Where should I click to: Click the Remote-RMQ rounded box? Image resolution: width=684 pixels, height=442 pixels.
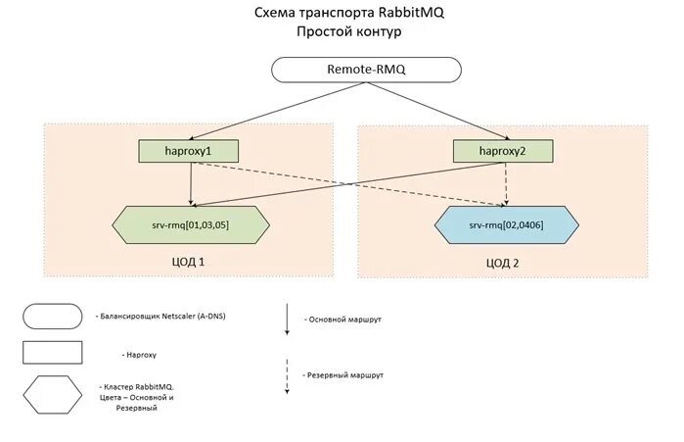pyautogui.click(x=364, y=70)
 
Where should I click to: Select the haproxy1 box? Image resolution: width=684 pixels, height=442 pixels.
pyautogui.click(x=190, y=151)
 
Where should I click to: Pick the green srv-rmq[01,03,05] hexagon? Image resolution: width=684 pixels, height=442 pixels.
pyautogui.click(x=192, y=224)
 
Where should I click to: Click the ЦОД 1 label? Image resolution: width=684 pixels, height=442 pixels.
pyautogui.click(x=188, y=263)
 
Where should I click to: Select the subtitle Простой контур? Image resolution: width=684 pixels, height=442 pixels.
pyautogui.click(x=348, y=31)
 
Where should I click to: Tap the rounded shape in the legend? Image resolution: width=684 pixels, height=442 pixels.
pyautogui.click(x=53, y=316)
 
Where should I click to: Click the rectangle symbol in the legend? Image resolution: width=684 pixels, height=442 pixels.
pyautogui.click(x=53, y=353)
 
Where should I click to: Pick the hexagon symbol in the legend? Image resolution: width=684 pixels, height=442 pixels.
pyautogui.click(x=53, y=398)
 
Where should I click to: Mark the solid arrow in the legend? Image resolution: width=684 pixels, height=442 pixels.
pyautogui.click(x=287, y=319)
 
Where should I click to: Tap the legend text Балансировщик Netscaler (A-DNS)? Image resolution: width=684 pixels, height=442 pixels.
pyautogui.click(x=160, y=316)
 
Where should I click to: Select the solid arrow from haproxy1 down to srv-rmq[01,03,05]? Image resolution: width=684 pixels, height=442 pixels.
pyautogui.click(x=191, y=183)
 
